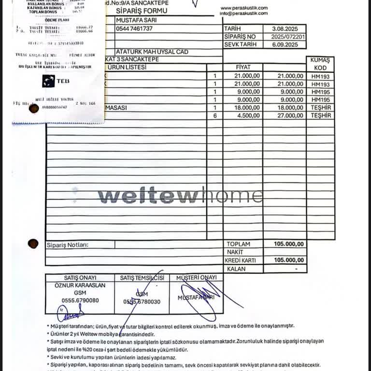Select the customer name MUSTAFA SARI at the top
click(x=137, y=20)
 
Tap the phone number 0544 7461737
click(x=134, y=29)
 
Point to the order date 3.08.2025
click(x=285, y=29)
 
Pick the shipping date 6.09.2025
click(x=285, y=44)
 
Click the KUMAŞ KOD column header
click(x=320, y=64)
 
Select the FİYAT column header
click(x=243, y=68)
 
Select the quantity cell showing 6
click(x=214, y=115)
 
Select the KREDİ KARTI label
click(x=240, y=260)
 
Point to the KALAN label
click(x=236, y=269)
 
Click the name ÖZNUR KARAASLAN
click(x=80, y=285)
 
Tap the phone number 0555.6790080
click(x=80, y=300)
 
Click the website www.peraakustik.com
click(x=243, y=8)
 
